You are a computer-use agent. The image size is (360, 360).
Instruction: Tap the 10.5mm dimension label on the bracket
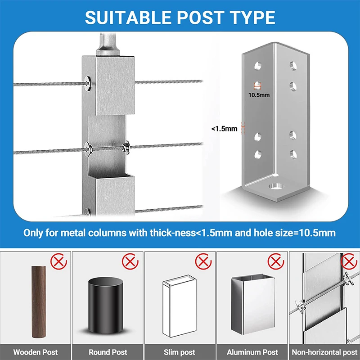point(259,95)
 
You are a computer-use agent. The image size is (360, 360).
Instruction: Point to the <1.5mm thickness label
point(224,129)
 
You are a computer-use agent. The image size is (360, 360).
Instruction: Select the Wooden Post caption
point(36,352)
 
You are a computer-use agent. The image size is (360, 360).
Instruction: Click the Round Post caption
point(108,352)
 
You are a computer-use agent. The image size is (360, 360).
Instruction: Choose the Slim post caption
point(180,352)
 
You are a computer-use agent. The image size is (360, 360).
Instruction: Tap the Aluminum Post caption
point(252,352)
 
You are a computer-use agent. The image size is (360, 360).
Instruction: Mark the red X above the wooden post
point(57,261)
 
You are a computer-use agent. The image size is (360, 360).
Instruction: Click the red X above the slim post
point(202,261)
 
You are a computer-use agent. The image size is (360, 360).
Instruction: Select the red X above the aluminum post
point(274,261)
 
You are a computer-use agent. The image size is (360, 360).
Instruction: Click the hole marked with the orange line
point(258,85)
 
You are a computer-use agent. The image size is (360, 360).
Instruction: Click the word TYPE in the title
point(253,17)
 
